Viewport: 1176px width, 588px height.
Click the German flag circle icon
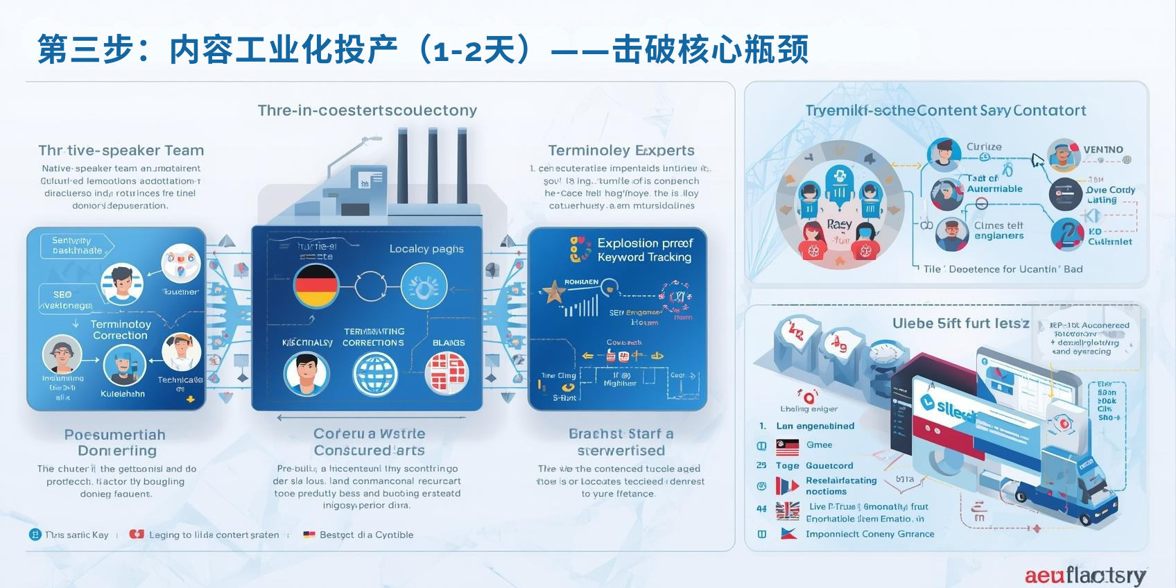[316, 286]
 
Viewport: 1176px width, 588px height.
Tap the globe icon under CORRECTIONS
[375, 374]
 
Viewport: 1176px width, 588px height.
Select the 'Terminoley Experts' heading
[621, 150]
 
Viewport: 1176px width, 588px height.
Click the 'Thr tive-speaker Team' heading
[121, 150]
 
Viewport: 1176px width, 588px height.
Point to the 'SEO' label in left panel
[62, 295]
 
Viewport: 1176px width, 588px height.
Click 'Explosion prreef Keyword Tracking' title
[644, 250]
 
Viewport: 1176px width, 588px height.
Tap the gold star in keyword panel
[554, 293]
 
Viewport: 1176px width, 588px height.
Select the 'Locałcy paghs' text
[426, 249]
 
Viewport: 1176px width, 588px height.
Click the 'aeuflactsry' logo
[1085, 575]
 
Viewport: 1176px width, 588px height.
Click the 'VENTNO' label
[1102, 150]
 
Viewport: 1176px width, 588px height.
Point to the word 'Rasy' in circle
[839, 225]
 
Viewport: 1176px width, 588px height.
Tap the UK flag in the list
[788, 511]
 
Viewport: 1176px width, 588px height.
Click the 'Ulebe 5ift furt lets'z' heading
[960, 323]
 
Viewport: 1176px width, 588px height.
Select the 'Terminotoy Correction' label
[120, 329]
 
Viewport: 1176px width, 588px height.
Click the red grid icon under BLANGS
[447, 372]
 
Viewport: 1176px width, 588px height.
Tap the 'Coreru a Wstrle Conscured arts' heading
[369, 442]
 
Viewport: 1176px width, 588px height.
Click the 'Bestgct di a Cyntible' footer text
[366, 535]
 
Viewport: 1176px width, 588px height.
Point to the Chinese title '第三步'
[86, 50]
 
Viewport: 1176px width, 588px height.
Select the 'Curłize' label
[984, 147]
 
